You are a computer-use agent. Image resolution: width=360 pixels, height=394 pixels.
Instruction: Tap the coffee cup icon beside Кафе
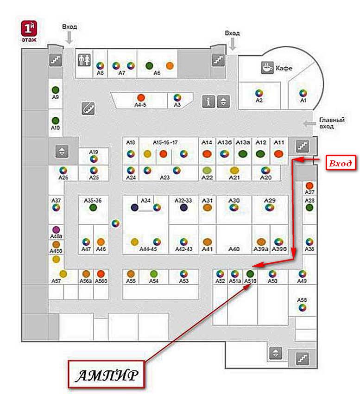[x=267, y=68]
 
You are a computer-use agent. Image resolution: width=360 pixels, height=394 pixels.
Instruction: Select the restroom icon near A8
[x=84, y=60]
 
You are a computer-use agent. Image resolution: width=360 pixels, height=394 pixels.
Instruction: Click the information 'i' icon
[x=208, y=102]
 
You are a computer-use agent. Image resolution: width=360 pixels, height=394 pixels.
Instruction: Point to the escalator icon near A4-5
[x=88, y=108]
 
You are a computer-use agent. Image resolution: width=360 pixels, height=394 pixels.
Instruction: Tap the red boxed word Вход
[x=340, y=164]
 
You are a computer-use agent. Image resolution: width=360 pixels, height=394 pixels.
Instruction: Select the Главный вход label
[x=332, y=123]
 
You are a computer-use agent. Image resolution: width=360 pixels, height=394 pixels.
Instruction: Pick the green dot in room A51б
[x=250, y=273]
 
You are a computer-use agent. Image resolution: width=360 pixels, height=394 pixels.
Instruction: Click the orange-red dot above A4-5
[x=141, y=97]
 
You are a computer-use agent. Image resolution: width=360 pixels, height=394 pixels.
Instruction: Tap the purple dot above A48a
[x=56, y=229]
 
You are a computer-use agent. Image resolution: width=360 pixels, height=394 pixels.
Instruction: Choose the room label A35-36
[x=93, y=200]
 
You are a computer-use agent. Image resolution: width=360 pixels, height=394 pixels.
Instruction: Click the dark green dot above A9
[x=56, y=89]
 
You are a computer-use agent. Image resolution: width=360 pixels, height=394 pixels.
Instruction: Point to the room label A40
[x=234, y=249]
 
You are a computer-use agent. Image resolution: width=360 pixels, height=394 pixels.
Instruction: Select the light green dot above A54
[x=154, y=273]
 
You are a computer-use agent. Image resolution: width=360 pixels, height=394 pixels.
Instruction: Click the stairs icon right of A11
[x=303, y=146]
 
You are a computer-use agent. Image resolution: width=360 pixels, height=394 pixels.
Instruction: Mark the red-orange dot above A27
[x=309, y=186]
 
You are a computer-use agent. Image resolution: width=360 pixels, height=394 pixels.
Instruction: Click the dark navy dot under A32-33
[x=184, y=208]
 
